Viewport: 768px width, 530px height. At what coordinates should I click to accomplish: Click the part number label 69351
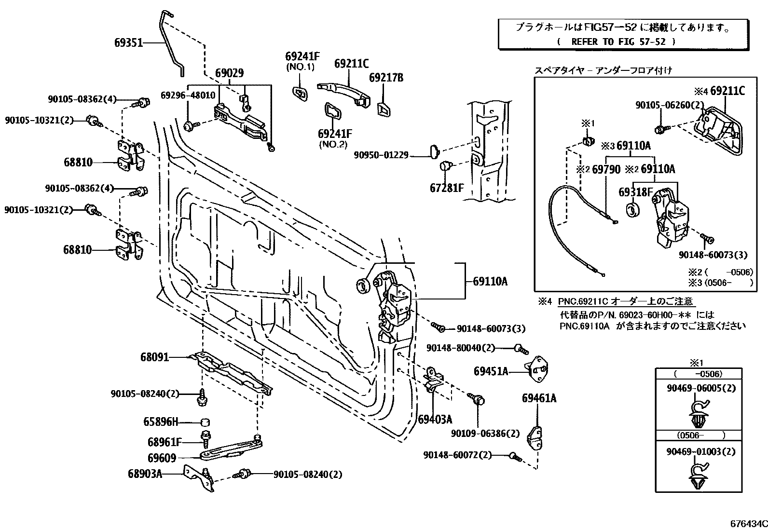pyautogui.click(x=128, y=42)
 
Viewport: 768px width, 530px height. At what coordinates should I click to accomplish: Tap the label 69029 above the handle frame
pyautogui.click(x=229, y=73)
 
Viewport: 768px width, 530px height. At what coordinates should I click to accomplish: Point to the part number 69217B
pyautogui.click(x=386, y=77)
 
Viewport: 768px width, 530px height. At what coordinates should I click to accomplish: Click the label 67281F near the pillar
pyautogui.click(x=446, y=188)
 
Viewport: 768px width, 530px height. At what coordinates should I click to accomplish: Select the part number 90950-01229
pyautogui.click(x=381, y=155)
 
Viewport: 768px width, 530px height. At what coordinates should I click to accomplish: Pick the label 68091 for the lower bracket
pyautogui.click(x=154, y=357)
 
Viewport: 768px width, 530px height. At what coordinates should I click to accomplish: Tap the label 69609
pyautogui.click(x=162, y=458)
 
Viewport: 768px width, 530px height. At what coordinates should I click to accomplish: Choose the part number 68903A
pyautogui.click(x=145, y=474)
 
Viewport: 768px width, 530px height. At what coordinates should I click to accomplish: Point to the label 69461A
pyautogui.click(x=539, y=398)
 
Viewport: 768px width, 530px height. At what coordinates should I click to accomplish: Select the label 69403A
pyautogui.click(x=435, y=419)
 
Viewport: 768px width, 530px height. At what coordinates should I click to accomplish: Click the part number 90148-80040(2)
pyautogui.click(x=461, y=348)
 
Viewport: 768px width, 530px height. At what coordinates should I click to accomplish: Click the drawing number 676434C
pyautogui.click(x=748, y=524)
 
